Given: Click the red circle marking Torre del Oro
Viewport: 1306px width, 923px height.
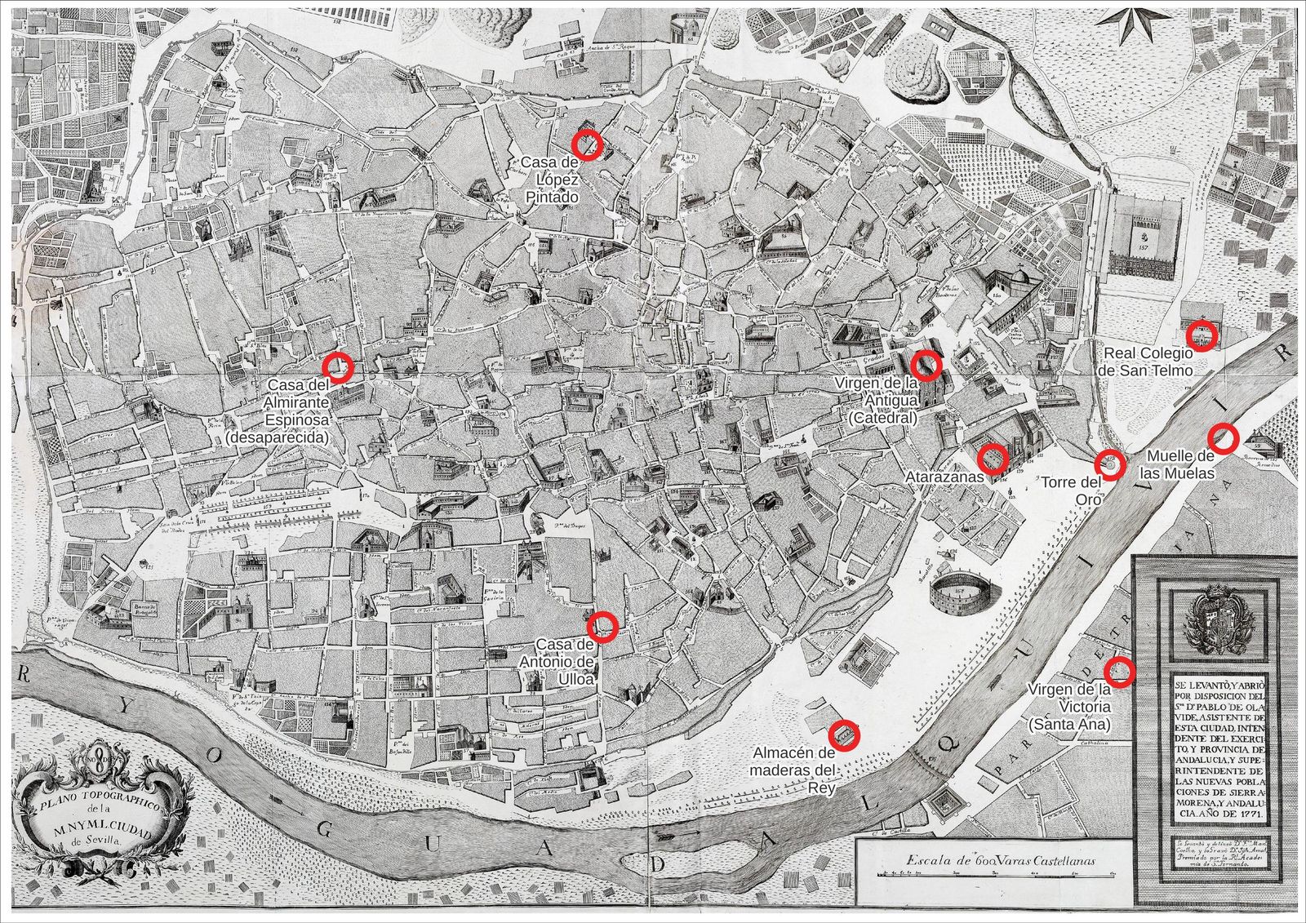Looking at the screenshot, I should [x=1110, y=464].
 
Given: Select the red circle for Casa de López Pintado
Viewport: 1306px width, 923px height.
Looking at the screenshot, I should [x=586, y=144].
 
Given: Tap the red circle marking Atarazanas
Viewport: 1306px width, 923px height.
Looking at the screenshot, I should [x=992, y=458].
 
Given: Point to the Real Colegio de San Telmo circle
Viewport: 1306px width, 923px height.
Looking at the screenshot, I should [x=1201, y=335].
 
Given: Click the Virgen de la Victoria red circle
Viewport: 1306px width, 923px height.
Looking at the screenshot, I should [x=1119, y=672].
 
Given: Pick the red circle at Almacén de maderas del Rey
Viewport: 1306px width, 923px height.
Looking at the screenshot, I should [x=844, y=734].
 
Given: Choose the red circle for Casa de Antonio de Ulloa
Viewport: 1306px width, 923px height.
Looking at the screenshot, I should [x=602, y=626].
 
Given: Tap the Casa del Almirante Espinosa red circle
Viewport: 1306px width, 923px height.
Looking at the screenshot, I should [x=337, y=367].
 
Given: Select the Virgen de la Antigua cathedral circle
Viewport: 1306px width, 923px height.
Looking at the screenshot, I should [x=926, y=364].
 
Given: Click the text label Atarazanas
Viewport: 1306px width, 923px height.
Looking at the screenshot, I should [x=944, y=476].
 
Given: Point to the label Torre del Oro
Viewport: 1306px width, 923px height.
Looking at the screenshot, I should [x=1071, y=490].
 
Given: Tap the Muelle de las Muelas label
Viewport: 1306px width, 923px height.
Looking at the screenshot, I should [x=1180, y=464].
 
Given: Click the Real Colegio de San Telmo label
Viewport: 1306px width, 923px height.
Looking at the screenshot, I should [x=1148, y=362].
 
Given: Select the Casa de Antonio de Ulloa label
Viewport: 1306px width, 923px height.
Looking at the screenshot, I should [x=557, y=661].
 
